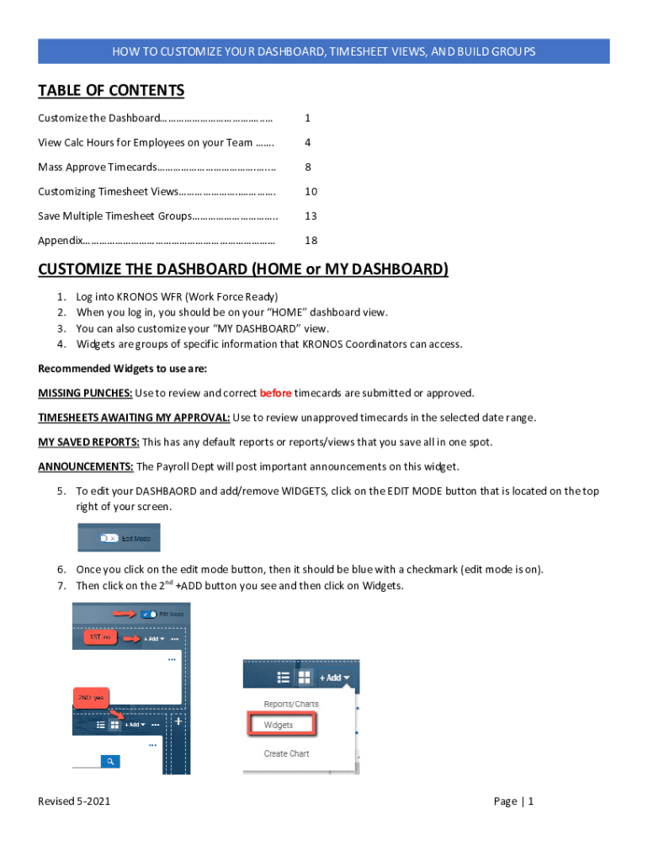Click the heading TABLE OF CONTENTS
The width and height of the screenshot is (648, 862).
[111, 90]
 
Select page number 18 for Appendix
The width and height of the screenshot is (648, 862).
[311, 241]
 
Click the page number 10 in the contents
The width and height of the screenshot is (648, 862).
[311, 192]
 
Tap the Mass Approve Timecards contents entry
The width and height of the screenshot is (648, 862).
[157, 168]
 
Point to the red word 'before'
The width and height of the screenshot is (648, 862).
[275, 393]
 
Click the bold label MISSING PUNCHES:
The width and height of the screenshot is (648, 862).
[85, 393]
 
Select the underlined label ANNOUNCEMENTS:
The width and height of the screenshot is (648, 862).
[86, 466]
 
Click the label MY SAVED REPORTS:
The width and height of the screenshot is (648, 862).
[88, 442]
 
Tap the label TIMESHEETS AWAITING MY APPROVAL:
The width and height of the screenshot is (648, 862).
[134, 418]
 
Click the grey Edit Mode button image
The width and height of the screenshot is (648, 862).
[119, 538]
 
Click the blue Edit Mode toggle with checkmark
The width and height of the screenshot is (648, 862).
[148, 615]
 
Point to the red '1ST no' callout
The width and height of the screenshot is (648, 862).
[102, 638]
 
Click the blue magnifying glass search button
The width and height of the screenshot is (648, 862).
[110, 761]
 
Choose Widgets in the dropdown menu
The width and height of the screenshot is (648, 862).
[279, 725]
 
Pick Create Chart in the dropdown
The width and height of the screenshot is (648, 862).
[286, 753]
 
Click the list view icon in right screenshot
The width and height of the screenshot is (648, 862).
[284, 678]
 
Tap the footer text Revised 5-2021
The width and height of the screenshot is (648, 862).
[74, 801]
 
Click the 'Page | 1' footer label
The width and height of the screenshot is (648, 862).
[513, 801]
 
